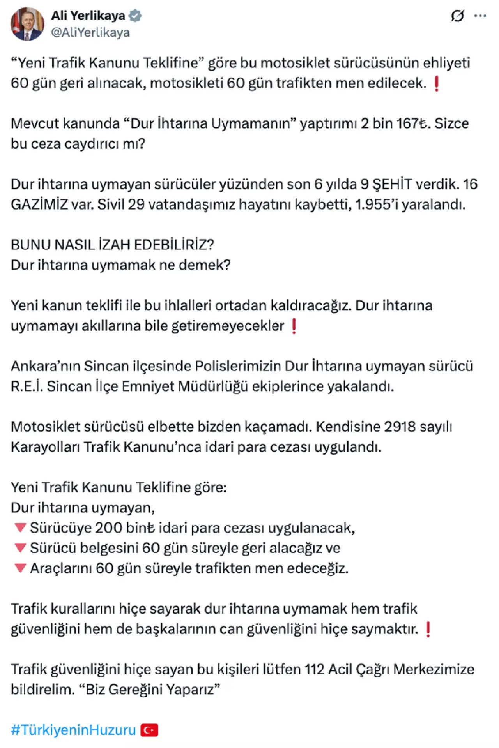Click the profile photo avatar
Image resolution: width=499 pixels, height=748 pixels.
27,24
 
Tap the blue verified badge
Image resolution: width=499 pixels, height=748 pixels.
135,16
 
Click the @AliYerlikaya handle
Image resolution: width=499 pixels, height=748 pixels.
90,33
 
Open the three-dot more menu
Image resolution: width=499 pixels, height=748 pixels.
480,16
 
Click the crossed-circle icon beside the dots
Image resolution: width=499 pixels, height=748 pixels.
457,16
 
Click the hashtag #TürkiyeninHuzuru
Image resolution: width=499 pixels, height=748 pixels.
73,730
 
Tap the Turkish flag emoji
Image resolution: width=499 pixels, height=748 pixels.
149,730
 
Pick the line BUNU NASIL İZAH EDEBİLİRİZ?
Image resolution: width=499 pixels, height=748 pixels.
112,245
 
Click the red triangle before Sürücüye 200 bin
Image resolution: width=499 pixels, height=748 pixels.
20,528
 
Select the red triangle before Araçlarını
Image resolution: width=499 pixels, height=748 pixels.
20,568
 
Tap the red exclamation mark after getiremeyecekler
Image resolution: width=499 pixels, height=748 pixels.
294,326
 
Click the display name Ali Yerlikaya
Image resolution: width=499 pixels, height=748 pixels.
88,16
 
